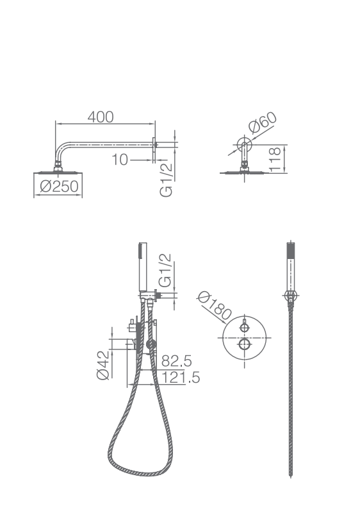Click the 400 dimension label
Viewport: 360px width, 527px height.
pyautogui.click(x=101, y=117)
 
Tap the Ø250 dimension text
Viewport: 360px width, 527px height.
pyautogui.click(x=59, y=186)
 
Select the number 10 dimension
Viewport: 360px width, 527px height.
pyautogui.click(x=120, y=160)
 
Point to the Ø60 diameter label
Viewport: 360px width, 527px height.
pyautogui.click(x=263, y=122)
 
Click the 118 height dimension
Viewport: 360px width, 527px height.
pyautogui.click(x=275, y=159)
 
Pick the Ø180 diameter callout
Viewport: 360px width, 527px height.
pyautogui.click(x=215, y=306)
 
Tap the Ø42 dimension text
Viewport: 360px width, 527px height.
pyautogui.click(x=102, y=365)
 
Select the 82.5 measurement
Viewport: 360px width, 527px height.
pyautogui.click(x=177, y=361)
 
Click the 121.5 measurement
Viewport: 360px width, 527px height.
pyautogui.click(x=181, y=378)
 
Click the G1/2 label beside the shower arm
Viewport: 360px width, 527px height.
pyautogui.click(x=166, y=180)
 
